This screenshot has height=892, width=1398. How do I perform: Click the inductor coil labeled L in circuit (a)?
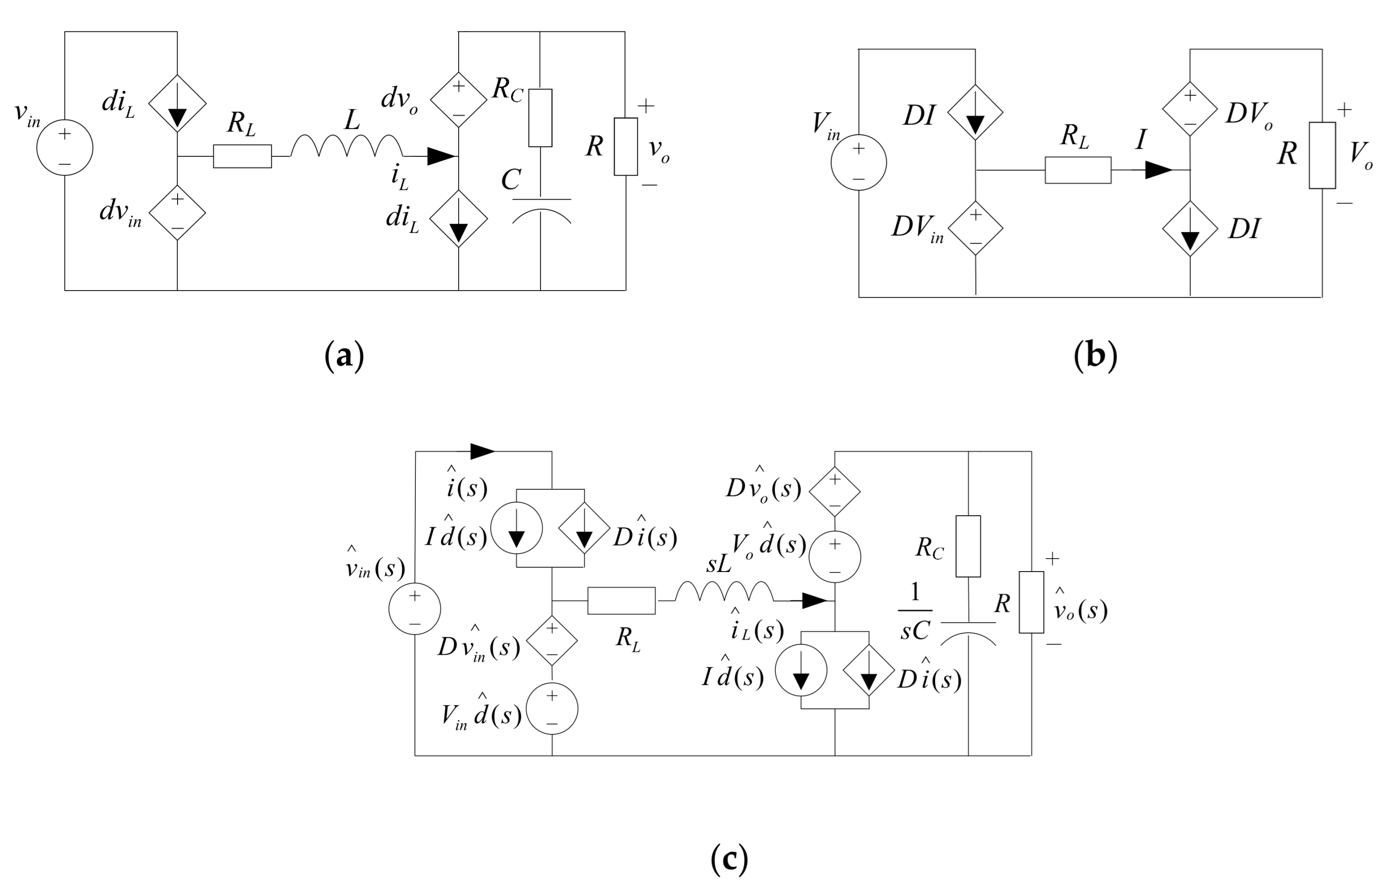(x=346, y=146)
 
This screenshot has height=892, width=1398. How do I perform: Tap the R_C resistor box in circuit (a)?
(x=540, y=118)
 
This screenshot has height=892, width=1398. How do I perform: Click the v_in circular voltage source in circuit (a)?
(x=64, y=147)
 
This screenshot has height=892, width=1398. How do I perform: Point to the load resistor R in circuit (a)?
(x=625, y=146)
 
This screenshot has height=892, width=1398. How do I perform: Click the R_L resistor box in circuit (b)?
(x=1077, y=170)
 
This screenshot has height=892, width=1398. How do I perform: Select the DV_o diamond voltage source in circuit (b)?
(x=1190, y=109)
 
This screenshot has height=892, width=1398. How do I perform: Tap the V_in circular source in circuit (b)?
(x=858, y=163)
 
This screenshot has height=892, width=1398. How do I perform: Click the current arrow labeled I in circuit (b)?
(x=1158, y=170)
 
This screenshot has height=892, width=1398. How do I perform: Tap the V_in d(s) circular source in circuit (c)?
(x=552, y=709)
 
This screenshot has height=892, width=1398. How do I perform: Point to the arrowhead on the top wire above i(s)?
(x=482, y=451)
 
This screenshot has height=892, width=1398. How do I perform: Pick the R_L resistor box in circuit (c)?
(x=621, y=600)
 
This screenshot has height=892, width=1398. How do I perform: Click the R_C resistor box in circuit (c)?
(x=968, y=546)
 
